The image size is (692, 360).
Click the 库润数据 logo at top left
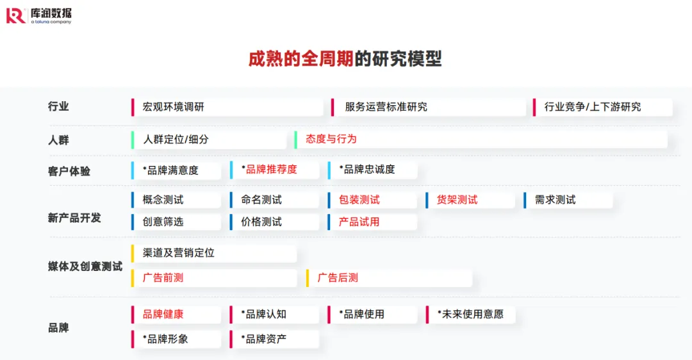(39, 15)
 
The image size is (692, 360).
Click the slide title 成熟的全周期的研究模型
(345, 59)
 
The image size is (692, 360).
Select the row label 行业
(58, 107)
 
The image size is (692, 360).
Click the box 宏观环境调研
(173, 107)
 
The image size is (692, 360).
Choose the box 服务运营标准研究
(386, 107)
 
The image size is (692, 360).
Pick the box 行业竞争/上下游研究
(592, 107)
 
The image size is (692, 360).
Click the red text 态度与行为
(331, 139)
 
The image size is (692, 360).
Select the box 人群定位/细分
(176, 139)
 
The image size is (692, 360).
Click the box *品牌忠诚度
(369, 170)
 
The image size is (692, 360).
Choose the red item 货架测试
(457, 200)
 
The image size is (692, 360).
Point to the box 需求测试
(555, 200)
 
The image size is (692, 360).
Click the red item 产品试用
(359, 222)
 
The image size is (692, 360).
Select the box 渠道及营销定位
(179, 253)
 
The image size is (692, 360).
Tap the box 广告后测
(338, 278)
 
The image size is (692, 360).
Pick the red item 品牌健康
(163, 315)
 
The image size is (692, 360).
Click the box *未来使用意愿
(470, 315)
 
